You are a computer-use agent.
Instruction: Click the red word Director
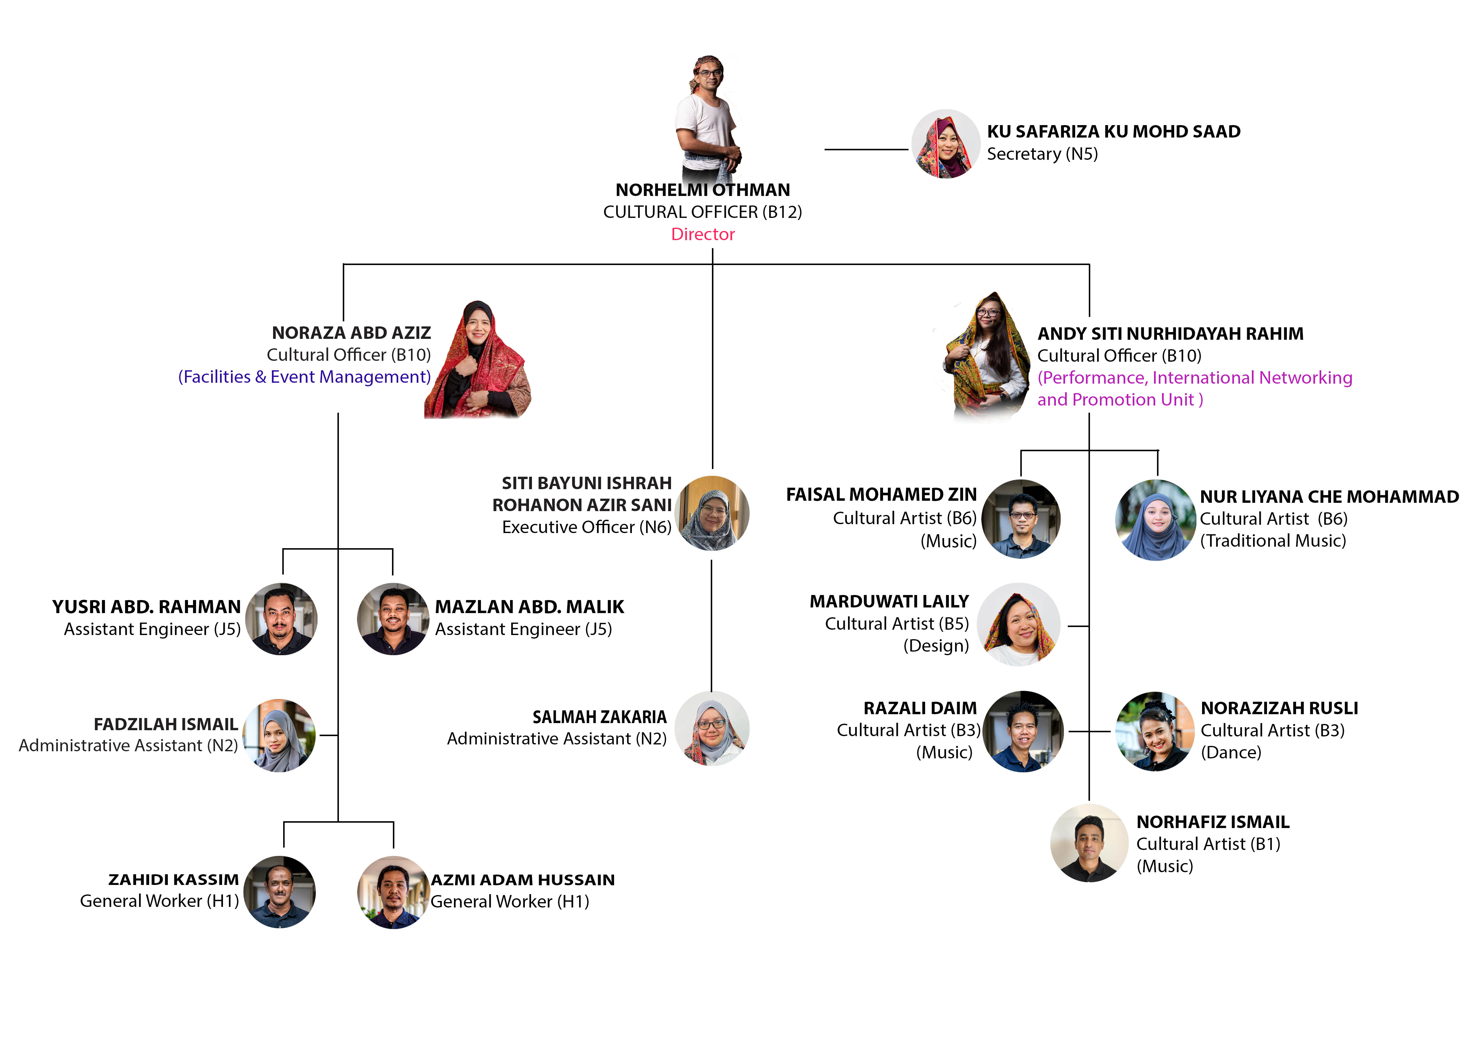703,235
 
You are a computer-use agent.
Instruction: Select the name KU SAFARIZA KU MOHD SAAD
1113,131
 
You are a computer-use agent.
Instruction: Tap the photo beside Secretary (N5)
946,144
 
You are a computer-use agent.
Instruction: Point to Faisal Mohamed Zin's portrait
1021,519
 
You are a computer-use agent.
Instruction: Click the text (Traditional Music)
1273,541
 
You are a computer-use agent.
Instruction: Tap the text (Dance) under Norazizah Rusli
1231,752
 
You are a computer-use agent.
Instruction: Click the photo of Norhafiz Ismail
1089,843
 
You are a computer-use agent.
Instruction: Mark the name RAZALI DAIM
920,708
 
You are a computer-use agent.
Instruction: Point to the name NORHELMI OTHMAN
703,190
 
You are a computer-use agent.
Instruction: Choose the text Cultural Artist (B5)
896,624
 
